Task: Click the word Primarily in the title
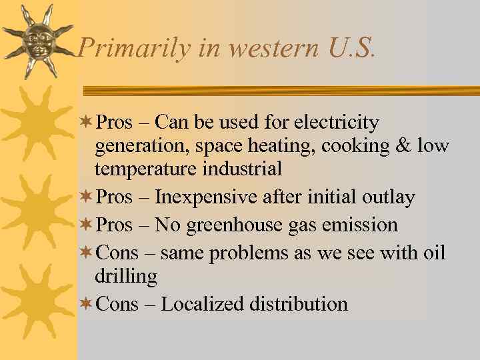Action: (x=126, y=49)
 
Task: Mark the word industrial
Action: (x=241, y=169)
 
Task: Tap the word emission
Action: (x=359, y=225)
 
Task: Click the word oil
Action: (x=433, y=253)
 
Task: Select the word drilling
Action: (x=126, y=276)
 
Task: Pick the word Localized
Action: (x=203, y=305)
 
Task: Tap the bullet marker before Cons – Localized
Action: (x=85, y=304)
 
